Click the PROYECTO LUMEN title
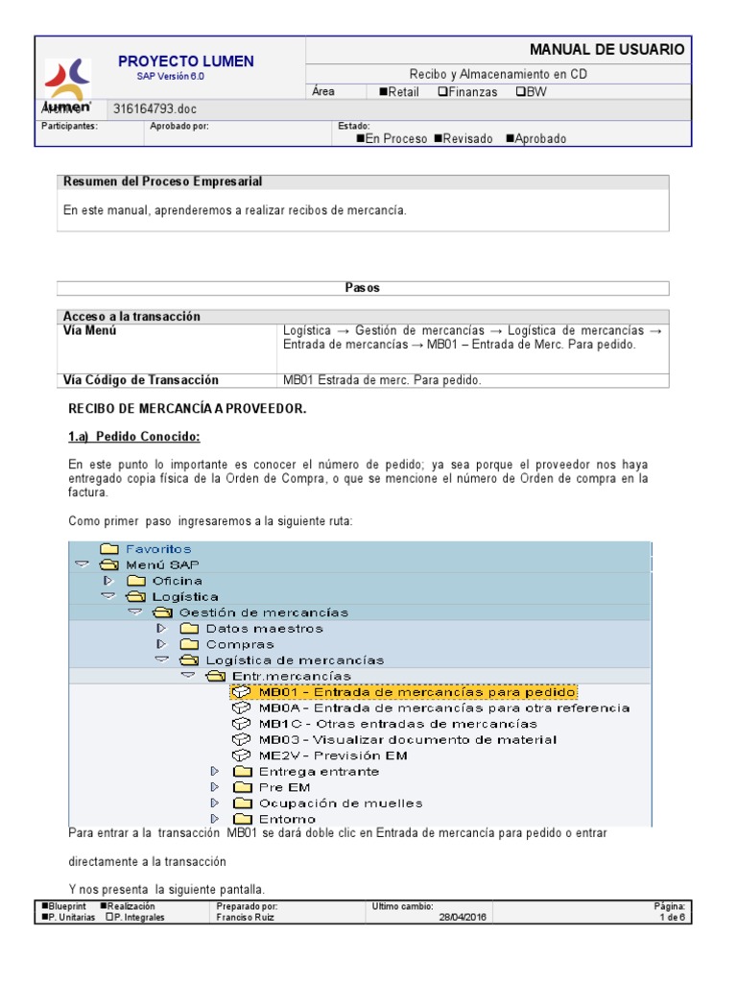pos(185,61)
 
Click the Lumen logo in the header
pos(67,83)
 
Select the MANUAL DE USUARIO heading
pos(606,49)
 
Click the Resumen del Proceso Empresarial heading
pos(162,181)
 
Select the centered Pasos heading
pos(362,288)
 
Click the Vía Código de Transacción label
pos(141,380)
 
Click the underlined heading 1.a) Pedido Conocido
pos(133,437)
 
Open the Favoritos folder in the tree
pos(157,549)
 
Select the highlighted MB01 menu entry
pos(417,692)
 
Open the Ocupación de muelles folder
pos(340,803)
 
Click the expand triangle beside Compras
pos(161,644)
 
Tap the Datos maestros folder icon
pos(188,629)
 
